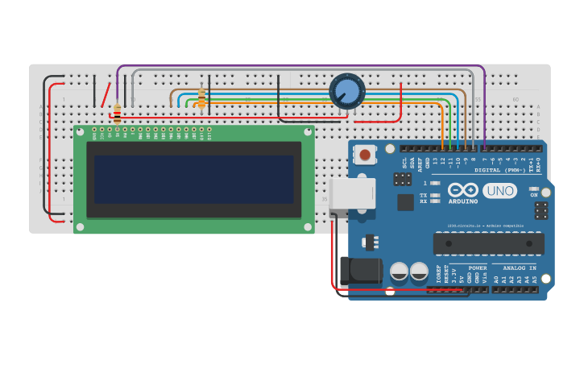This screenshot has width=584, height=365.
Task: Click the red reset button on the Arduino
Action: pyautogui.click(x=366, y=154)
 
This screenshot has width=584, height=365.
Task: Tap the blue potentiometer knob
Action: pyautogui.click(x=347, y=90)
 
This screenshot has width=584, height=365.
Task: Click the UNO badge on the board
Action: pyautogui.click(x=499, y=191)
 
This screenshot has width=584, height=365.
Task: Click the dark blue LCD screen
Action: pyautogui.click(x=194, y=180)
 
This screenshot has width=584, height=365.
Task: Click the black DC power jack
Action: pyautogui.click(x=360, y=272)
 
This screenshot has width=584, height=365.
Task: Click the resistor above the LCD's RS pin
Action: pyautogui.click(x=117, y=113)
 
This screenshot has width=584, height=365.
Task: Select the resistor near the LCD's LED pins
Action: pyautogui.click(x=201, y=97)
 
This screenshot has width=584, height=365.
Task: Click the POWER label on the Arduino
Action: pyautogui.click(x=478, y=268)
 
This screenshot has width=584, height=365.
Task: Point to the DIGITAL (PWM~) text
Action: pyautogui.click(x=499, y=170)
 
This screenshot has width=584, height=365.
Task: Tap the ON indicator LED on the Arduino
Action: pyautogui.click(x=533, y=189)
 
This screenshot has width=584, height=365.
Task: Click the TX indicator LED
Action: pyautogui.click(x=436, y=194)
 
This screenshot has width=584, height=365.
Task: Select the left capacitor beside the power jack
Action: pyautogui.click(x=399, y=272)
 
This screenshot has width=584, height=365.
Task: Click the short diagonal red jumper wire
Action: pyautogui.click(x=106, y=93)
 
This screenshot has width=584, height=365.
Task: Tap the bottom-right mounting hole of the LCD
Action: pyautogui.click(x=307, y=226)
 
